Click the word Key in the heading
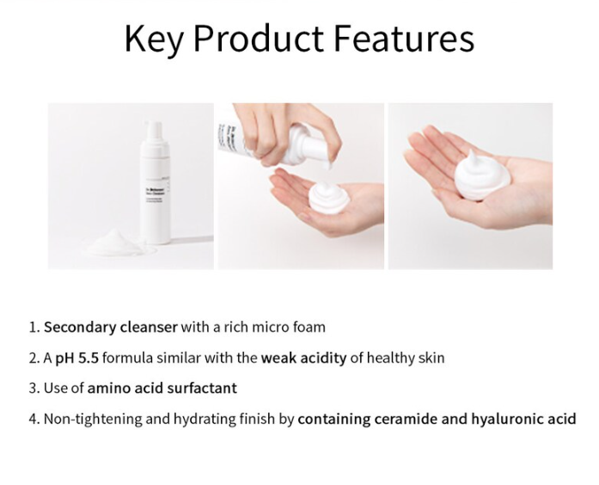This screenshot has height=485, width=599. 153,40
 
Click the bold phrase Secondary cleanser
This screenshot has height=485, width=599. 110,327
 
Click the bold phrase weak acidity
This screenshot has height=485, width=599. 305,357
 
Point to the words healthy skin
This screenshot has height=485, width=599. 406,357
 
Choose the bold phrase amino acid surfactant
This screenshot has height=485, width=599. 162,388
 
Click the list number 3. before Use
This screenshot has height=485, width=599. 34,388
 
